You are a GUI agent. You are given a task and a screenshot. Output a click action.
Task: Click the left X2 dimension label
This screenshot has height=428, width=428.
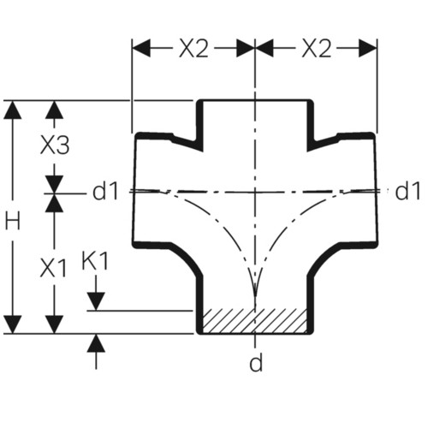194,49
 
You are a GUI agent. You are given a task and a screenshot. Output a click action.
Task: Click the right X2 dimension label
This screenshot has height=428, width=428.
317,49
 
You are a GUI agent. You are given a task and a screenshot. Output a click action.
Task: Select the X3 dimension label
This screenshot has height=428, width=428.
55,145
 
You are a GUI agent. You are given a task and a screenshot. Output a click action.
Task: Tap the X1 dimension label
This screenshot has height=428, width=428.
54,269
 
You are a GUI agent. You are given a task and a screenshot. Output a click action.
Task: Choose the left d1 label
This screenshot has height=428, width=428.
105,191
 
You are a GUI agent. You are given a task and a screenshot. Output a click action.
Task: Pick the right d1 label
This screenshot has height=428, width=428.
407,191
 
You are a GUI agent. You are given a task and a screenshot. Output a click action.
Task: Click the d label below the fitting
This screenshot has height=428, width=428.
256,362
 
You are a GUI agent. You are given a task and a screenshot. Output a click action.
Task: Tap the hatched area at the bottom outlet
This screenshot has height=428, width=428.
254,321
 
